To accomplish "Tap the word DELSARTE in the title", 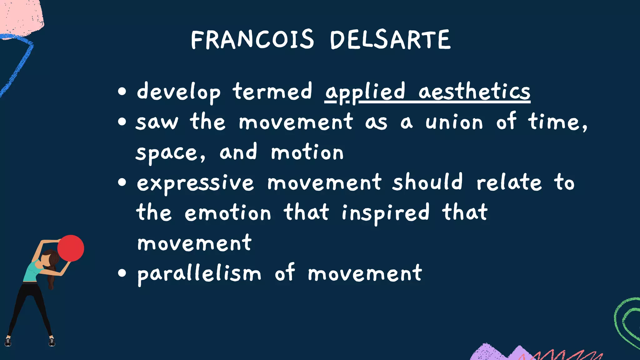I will pyautogui.click(x=390, y=40).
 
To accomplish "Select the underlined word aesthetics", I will pyautogui.click(x=474, y=92).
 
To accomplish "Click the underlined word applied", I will pyautogui.click(x=365, y=92).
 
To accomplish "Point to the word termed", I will pyautogui.click(x=272, y=92).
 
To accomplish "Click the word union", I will pyautogui.click(x=454, y=122).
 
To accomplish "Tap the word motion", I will pyautogui.click(x=307, y=152).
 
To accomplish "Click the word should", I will pyautogui.click(x=427, y=182).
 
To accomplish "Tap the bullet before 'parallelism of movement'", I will pyautogui.click(x=122, y=273).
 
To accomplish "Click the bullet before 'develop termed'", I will pyautogui.click(x=122, y=92).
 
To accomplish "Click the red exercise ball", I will pyautogui.click(x=71, y=248).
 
